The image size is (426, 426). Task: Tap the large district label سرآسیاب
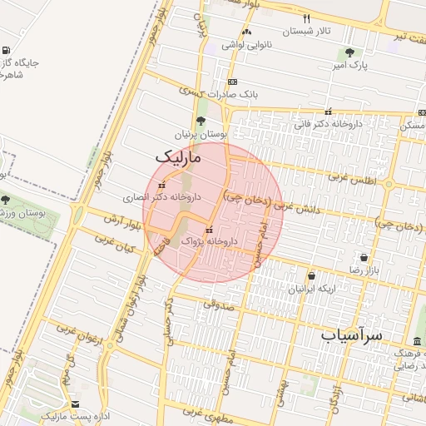(x=351, y=335)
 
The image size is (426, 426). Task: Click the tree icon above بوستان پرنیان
(x=201, y=121)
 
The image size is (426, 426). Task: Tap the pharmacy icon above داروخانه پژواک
(x=208, y=230)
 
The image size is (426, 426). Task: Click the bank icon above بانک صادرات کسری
(x=231, y=82)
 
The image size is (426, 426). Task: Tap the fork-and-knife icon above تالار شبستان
(x=307, y=18)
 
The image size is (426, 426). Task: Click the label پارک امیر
(x=349, y=64)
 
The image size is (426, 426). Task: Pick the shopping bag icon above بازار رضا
(x=363, y=257)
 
